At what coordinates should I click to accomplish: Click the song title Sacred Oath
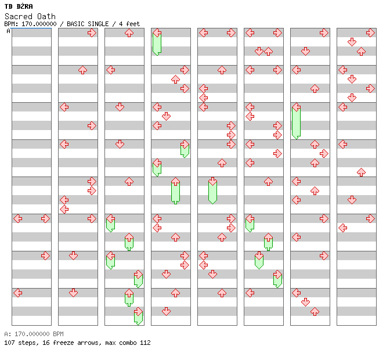pyautogui.click(x=30, y=16)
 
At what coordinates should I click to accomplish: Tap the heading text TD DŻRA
pyautogui.click(x=19, y=6)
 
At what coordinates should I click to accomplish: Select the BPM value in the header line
pyautogui.click(x=39, y=24)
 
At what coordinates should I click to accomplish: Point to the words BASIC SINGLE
pyautogui.click(x=88, y=24)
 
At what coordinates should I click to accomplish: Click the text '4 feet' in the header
pyautogui.click(x=129, y=24)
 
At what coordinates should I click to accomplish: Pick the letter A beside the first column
pyautogui.click(x=9, y=31)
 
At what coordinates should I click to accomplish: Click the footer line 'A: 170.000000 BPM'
pyautogui.click(x=34, y=334)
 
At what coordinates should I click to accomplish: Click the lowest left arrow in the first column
pyautogui.click(x=18, y=293)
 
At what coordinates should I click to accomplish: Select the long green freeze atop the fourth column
pyautogui.click(x=157, y=42)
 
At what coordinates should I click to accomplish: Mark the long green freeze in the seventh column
pyautogui.click(x=296, y=121)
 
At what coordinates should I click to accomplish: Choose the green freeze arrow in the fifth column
pyautogui.click(x=212, y=190)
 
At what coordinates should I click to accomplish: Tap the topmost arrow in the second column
pyautogui.click(x=92, y=33)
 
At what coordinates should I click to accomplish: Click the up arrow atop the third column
pyautogui.click(x=129, y=33)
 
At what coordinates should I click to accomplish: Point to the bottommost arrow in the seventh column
pyautogui.click(x=315, y=311)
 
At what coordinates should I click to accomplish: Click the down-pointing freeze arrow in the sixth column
pyautogui.click(x=259, y=260)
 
